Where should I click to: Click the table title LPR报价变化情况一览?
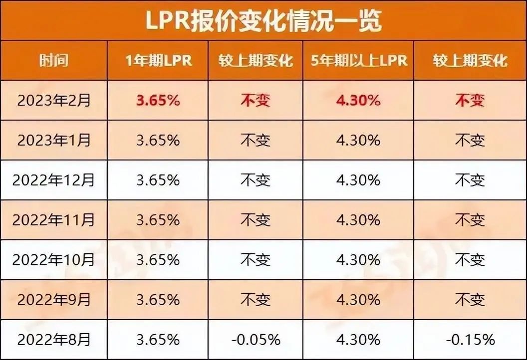tap(263, 20)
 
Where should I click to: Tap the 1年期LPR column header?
tap(158, 60)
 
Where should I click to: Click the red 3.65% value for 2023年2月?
tap(158, 100)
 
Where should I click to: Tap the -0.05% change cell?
tap(256, 340)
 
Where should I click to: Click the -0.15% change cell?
tap(470, 340)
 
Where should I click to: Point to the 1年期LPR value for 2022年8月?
tap(158, 340)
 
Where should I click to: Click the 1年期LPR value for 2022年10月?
tap(158, 260)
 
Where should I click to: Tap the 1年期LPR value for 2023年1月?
tap(158, 140)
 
